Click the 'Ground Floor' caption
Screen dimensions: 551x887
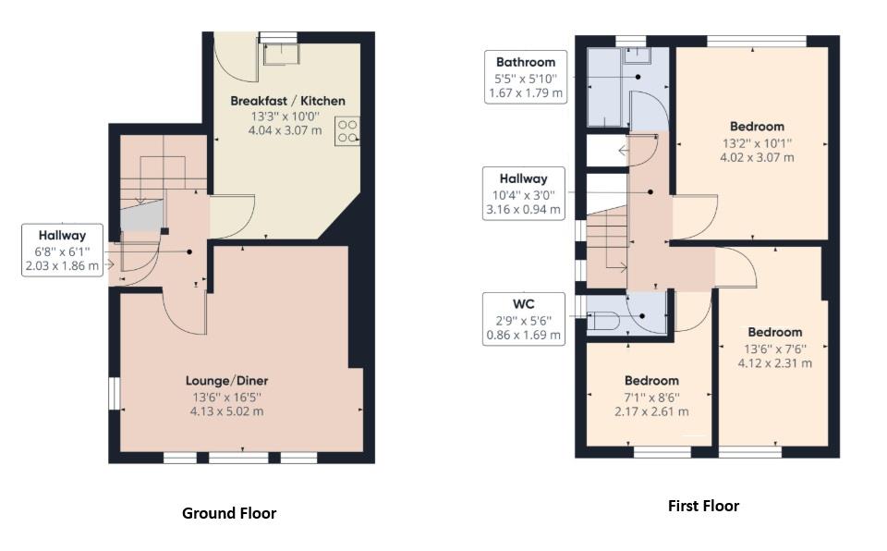pyautogui.click(x=229, y=513)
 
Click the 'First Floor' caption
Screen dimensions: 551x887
pyautogui.click(x=703, y=506)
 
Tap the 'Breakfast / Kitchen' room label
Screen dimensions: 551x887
pyautogui.click(x=287, y=101)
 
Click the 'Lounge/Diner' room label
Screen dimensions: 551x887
pyautogui.click(x=226, y=380)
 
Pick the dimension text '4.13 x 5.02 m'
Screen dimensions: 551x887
pyautogui.click(x=226, y=411)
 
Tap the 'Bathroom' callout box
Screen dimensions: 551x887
pyautogui.click(x=525, y=78)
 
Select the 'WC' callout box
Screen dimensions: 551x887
pyautogui.click(x=525, y=319)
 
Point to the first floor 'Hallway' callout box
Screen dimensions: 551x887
pyautogui.click(x=525, y=194)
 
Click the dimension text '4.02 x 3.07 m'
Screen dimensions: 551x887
pyautogui.click(x=757, y=157)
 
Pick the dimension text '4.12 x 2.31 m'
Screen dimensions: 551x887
pyautogui.click(x=774, y=362)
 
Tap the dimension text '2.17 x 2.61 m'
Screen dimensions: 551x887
pyautogui.click(x=651, y=411)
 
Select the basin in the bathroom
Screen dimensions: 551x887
pyautogui.click(x=637, y=56)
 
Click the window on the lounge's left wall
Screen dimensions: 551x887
pyautogui.click(x=114, y=392)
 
